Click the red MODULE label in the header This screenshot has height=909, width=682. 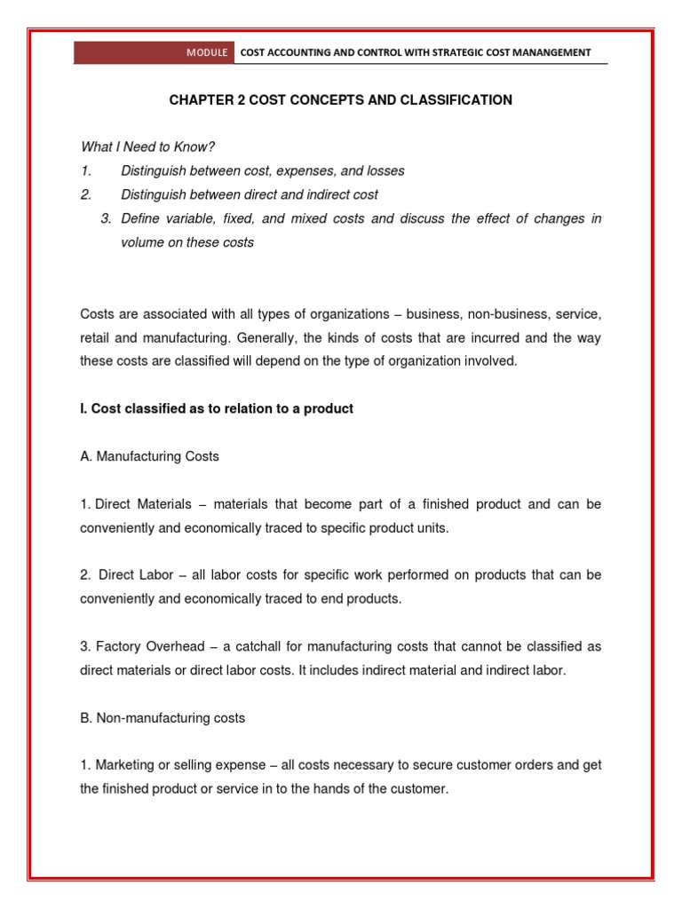(207, 52)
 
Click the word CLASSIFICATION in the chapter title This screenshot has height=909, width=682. (450, 100)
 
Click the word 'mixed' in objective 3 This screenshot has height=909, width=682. (297, 218)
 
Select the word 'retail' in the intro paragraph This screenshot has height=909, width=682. (95, 338)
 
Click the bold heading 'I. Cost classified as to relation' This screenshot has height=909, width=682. (217, 408)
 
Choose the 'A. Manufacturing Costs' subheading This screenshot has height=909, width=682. (149, 456)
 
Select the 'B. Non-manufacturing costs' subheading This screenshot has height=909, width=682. (163, 717)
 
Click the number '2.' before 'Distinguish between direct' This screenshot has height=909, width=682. (86, 194)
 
